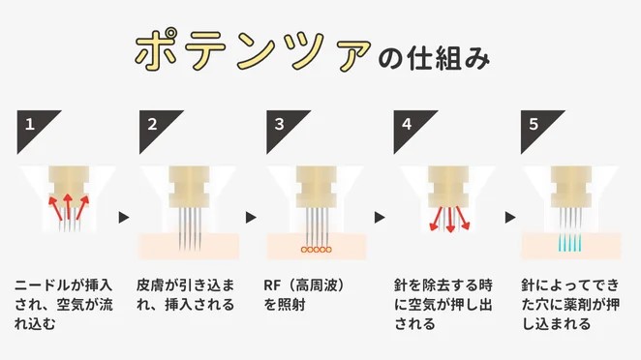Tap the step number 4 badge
[x=408, y=124]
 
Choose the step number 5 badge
[x=534, y=124]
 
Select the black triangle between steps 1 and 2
[x=123, y=218]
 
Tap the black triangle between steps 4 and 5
[x=504, y=218]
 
